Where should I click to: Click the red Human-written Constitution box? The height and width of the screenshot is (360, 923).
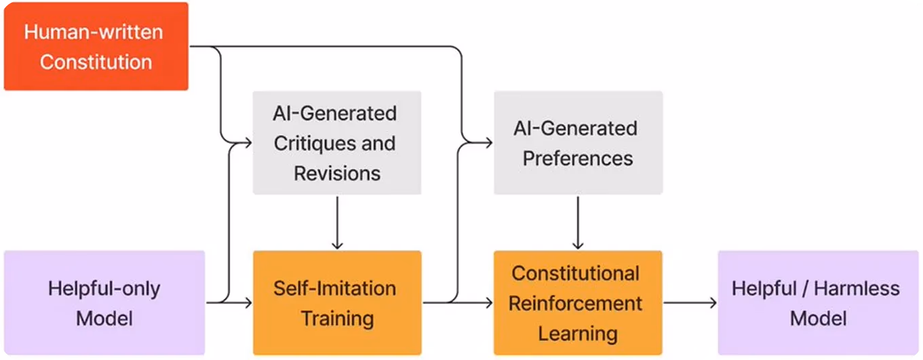[x=96, y=46]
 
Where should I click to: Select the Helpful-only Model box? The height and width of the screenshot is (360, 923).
[x=104, y=303]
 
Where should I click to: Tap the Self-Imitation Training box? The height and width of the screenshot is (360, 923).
[x=337, y=303]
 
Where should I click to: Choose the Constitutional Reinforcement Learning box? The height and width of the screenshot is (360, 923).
[x=578, y=303]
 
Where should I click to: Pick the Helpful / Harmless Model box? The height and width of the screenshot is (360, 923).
[x=819, y=303]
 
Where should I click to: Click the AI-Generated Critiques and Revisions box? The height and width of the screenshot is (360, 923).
[x=337, y=142]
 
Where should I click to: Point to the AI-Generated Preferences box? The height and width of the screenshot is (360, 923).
[x=578, y=142]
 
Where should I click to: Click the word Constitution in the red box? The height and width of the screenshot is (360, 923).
[x=96, y=62]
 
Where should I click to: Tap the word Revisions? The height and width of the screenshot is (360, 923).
[x=337, y=174]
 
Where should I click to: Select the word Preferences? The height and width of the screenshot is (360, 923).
[x=578, y=159]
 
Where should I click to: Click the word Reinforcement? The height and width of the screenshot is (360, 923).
[x=575, y=304]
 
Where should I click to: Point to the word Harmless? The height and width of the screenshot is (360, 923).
[x=857, y=288]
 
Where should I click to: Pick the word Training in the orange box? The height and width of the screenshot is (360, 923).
[x=338, y=319]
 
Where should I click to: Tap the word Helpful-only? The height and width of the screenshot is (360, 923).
[x=104, y=289]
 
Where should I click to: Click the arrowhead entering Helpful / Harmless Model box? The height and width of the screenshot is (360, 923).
[x=713, y=303]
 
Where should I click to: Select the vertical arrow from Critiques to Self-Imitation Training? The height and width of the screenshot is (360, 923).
[x=337, y=222]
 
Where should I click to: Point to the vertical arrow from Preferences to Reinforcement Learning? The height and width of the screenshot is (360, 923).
[x=578, y=222]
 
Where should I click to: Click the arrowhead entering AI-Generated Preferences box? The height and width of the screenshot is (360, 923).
[x=488, y=143]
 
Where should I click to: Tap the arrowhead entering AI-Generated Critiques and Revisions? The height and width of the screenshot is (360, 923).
[x=248, y=143]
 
